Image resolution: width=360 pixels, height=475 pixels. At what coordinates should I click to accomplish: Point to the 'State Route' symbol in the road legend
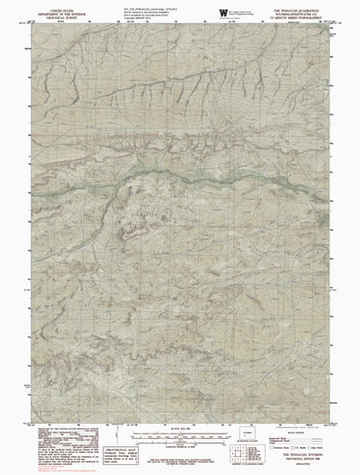point(319,448)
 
